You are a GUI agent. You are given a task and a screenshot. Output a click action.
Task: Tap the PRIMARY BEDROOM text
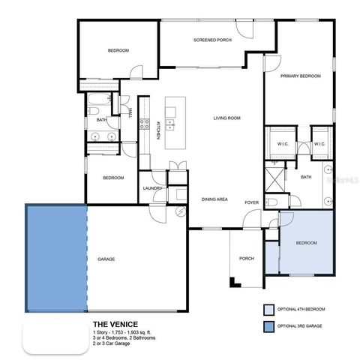tap(301, 76)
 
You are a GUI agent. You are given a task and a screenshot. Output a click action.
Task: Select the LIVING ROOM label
tap(226, 118)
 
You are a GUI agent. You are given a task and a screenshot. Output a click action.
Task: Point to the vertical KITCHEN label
tap(157, 131)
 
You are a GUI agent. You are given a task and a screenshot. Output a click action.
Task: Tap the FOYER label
tap(252, 202)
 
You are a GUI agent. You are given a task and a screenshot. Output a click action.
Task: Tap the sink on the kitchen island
tap(170, 123)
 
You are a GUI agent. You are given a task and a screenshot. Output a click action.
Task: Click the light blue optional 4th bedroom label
tap(306, 243)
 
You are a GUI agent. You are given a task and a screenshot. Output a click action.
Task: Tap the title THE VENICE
tap(115, 324)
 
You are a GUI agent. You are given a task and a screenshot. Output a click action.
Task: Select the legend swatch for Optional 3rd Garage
tap(268, 326)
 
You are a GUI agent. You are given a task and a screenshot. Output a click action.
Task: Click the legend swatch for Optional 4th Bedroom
tap(268, 309)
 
